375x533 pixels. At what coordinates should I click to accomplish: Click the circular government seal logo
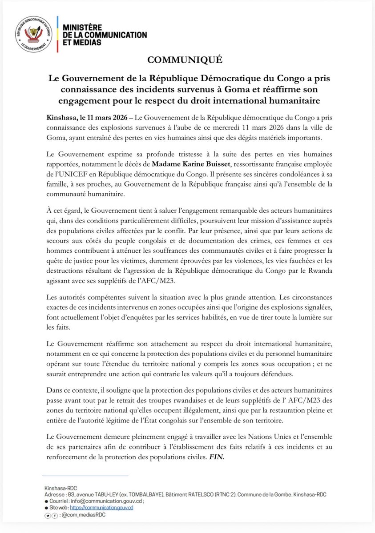click(x=34, y=33)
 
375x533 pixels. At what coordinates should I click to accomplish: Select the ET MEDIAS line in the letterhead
click(x=82, y=42)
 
